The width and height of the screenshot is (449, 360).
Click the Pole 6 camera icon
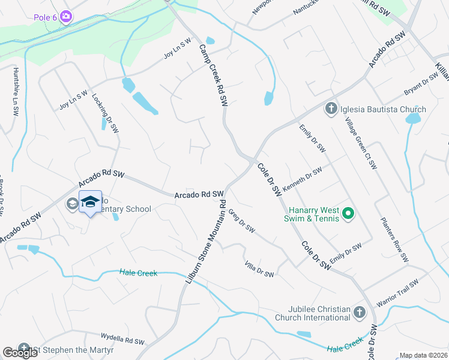click(x=67, y=17)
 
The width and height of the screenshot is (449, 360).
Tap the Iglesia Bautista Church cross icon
click(x=330, y=109)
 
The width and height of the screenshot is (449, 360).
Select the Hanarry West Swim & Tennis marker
click(x=348, y=212)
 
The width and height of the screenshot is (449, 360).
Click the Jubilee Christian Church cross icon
click(x=359, y=313)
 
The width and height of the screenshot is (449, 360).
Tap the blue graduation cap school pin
click(x=90, y=202)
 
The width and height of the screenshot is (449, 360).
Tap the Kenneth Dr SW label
click(x=303, y=179)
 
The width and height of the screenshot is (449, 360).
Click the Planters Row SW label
click(x=394, y=239)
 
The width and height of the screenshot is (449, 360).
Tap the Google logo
click(x=20, y=353)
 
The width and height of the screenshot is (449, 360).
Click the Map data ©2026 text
click(x=424, y=355)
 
